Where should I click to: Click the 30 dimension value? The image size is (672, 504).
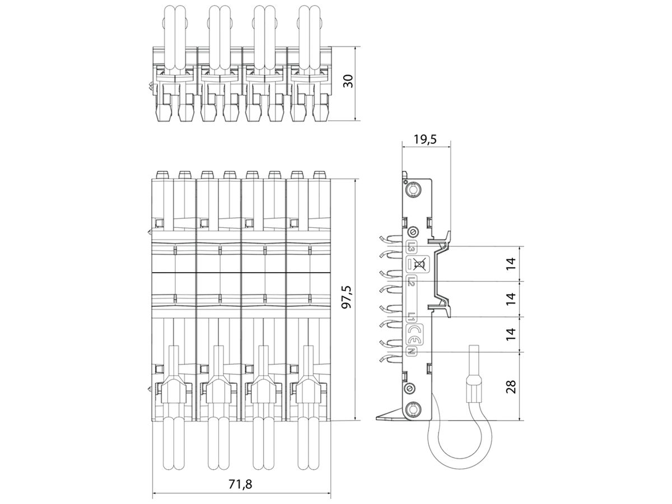(x=348, y=81)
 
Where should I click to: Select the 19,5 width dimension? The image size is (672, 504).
(x=425, y=139)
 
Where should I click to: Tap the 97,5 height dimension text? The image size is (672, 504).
(x=348, y=297)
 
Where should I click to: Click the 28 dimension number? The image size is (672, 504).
(x=511, y=386)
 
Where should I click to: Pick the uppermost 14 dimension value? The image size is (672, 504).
(x=511, y=263)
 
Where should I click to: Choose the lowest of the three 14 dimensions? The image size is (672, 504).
(x=511, y=334)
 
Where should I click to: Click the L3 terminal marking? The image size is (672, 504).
(x=411, y=246)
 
